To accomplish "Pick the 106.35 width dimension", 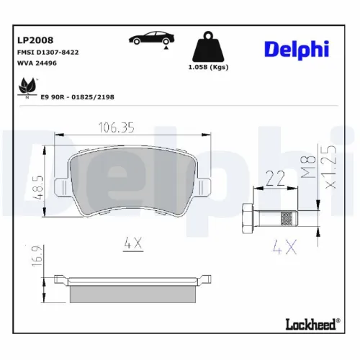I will (117, 128).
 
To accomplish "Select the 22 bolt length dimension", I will (274, 177).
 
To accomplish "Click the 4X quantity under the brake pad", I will (134, 243).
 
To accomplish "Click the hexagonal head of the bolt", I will (247, 216).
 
